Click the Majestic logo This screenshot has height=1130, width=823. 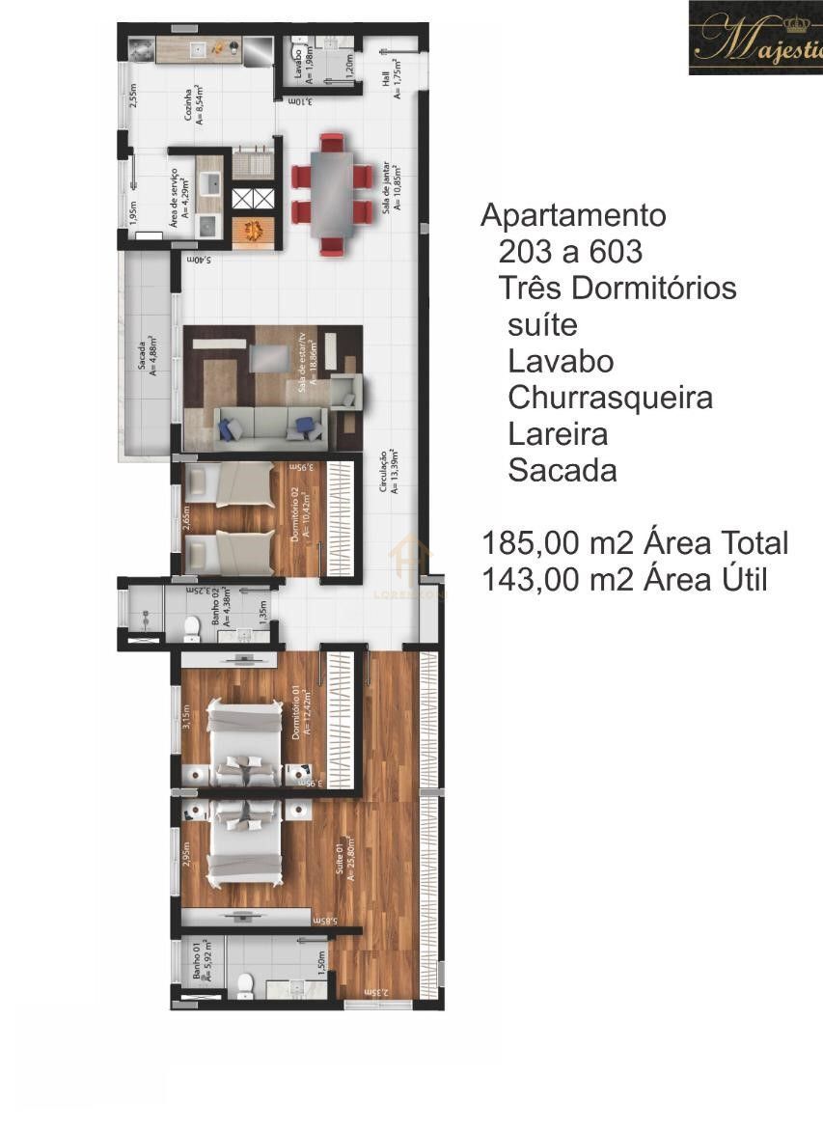click(755, 39)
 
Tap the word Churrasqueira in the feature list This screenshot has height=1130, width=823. click(610, 398)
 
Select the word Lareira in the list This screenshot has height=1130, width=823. click(558, 434)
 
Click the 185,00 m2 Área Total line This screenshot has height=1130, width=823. click(635, 543)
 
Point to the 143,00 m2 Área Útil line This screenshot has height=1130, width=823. click(624, 579)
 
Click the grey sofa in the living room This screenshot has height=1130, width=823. click(270, 425)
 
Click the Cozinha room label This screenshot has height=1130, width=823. click(194, 106)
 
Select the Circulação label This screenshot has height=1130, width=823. click(388, 472)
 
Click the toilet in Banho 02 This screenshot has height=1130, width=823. click(190, 630)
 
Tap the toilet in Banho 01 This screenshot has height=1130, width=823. click(244, 985)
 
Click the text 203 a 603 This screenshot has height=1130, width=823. click(570, 252)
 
